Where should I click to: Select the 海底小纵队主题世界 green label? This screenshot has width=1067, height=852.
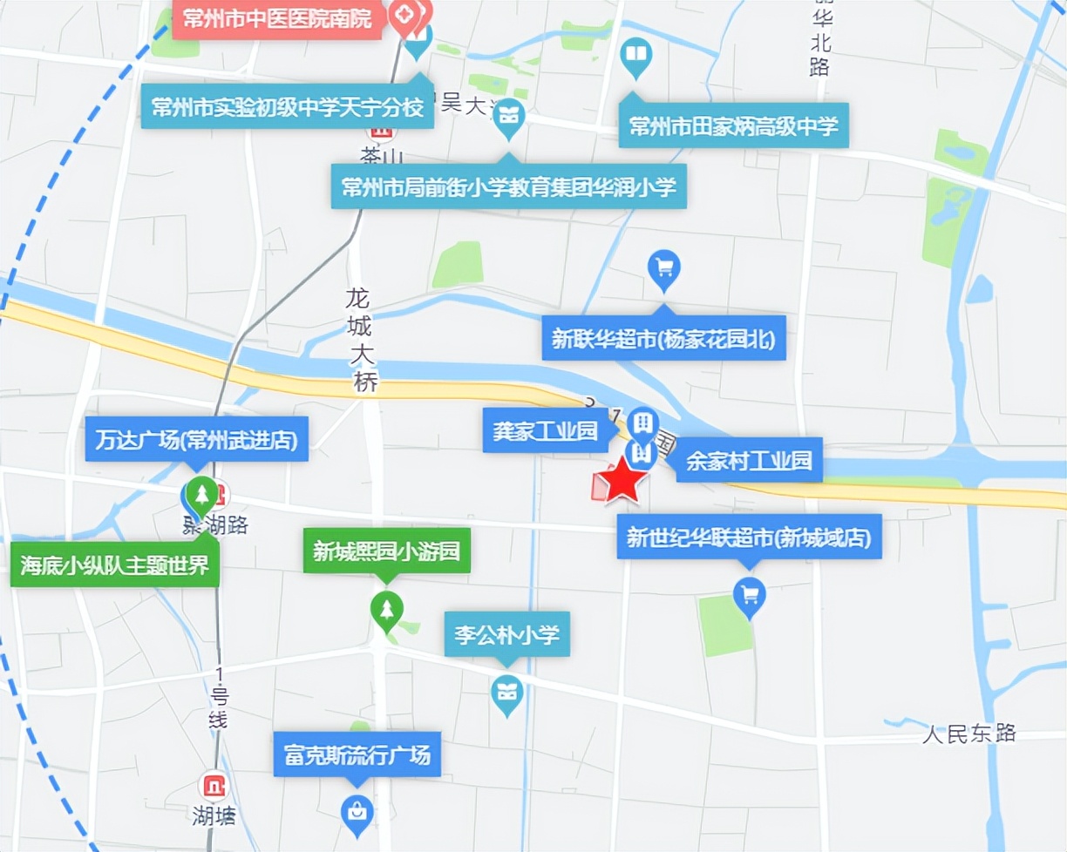click(x=114, y=565)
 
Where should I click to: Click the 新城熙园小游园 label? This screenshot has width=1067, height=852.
click(x=386, y=552)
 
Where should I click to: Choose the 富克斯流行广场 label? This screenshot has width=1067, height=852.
click(x=357, y=754)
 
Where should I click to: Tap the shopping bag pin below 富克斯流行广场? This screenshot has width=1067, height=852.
click(x=356, y=813)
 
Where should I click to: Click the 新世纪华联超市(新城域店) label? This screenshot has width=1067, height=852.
click(x=749, y=538)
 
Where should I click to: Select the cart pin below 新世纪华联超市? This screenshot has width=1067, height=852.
click(x=749, y=596)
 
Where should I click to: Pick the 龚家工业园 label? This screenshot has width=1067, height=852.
click(x=545, y=430)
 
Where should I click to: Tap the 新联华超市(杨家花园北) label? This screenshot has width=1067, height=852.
click(x=663, y=338)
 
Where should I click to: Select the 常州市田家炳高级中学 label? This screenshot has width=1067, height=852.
click(x=733, y=127)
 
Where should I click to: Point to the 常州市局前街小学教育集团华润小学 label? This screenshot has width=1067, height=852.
click(x=508, y=186)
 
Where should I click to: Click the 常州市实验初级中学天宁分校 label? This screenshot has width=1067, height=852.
click(x=288, y=107)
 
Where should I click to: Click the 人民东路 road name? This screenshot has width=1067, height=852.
click(x=969, y=733)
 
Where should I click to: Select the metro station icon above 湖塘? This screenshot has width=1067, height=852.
click(x=214, y=785)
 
